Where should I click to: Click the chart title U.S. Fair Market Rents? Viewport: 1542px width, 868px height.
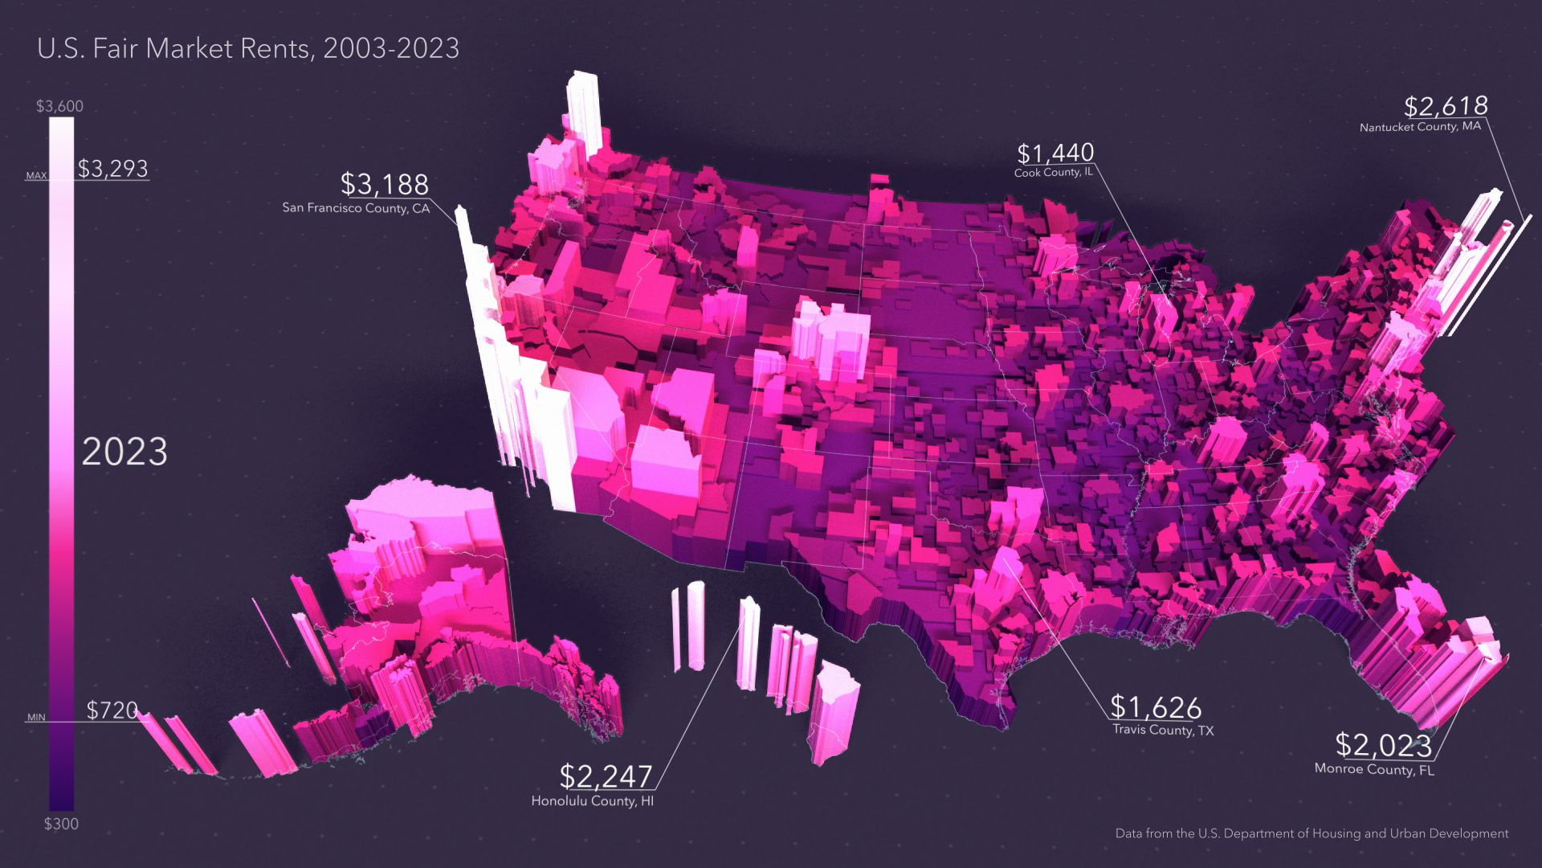(x=248, y=48)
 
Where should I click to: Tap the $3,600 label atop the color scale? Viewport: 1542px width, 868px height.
(x=59, y=106)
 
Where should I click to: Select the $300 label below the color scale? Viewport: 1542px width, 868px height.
(x=61, y=824)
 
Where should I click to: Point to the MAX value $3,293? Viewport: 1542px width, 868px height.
(x=113, y=169)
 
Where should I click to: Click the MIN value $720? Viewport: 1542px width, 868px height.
(x=112, y=710)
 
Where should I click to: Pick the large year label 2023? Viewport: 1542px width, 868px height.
(x=124, y=452)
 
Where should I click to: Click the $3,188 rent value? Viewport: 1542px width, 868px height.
(x=385, y=185)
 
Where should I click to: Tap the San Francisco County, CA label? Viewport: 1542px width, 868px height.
(x=356, y=208)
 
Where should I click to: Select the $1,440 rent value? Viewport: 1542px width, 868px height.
(x=1055, y=153)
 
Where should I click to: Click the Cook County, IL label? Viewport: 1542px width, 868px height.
(x=1053, y=173)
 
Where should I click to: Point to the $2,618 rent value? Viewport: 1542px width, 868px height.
(x=1446, y=106)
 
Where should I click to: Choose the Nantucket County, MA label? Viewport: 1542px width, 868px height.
(x=1420, y=127)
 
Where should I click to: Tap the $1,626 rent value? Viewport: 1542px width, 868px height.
(x=1156, y=707)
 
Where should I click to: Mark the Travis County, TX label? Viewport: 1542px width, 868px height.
(x=1163, y=731)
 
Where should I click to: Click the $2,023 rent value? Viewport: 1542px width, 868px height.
(x=1383, y=746)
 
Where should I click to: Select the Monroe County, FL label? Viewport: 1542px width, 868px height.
(x=1374, y=769)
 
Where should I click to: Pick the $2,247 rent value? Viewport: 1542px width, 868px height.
(x=606, y=776)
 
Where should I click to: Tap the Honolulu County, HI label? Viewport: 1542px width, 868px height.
(x=593, y=801)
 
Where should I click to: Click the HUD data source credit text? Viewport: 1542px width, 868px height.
(x=1312, y=833)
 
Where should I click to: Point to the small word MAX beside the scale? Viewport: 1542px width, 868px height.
(x=37, y=175)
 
